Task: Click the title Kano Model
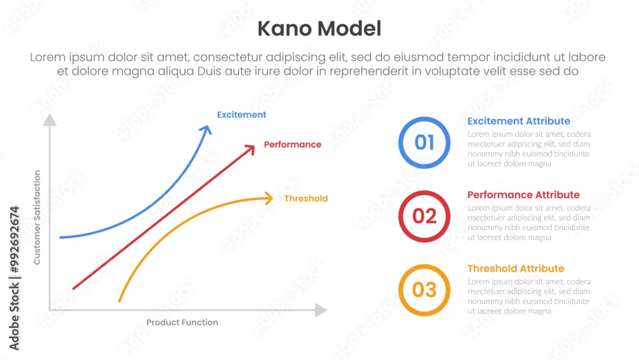click(x=319, y=29)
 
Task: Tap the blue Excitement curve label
click(x=242, y=114)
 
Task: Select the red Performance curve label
click(x=292, y=145)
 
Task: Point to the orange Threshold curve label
click(x=305, y=199)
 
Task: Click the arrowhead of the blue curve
click(x=206, y=130)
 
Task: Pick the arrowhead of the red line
click(x=250, y=150)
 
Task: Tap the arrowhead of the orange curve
click(x=268, y=198)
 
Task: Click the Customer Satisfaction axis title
click(x=37, y=217)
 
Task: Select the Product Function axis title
click(x=182, y=322)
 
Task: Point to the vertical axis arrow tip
click(x=50, y=114)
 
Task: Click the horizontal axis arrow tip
click(x=327, y=310)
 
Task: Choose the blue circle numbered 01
click(x=424, y=118)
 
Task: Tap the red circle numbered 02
click(x=424, y=192)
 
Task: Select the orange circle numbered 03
click(x=424, y=265)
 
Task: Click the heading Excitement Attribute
click(x=518, y=121)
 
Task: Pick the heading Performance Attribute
click(x=523, y=195)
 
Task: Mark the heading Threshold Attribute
click(x=516, y=269)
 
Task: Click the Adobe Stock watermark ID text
click(x=14, y=278)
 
